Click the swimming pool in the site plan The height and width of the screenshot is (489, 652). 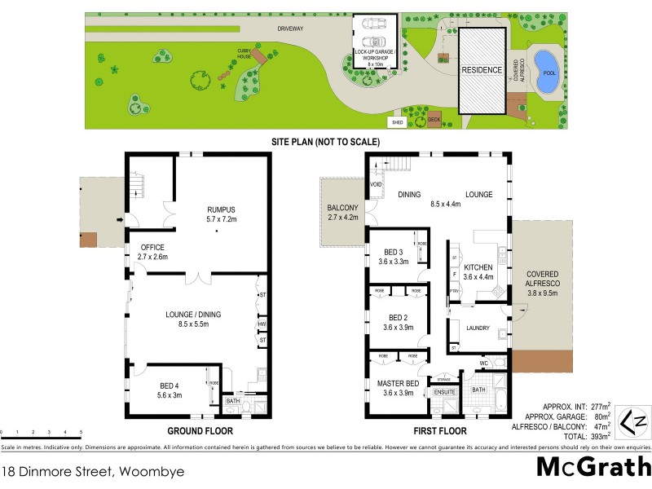point(544,64)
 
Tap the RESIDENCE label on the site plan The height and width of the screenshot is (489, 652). point(482,70)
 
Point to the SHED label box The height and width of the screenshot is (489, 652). point(398,122)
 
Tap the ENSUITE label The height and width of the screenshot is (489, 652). point(445,393)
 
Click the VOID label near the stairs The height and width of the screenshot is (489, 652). point(376,185)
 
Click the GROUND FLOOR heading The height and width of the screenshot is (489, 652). point(200,430)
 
